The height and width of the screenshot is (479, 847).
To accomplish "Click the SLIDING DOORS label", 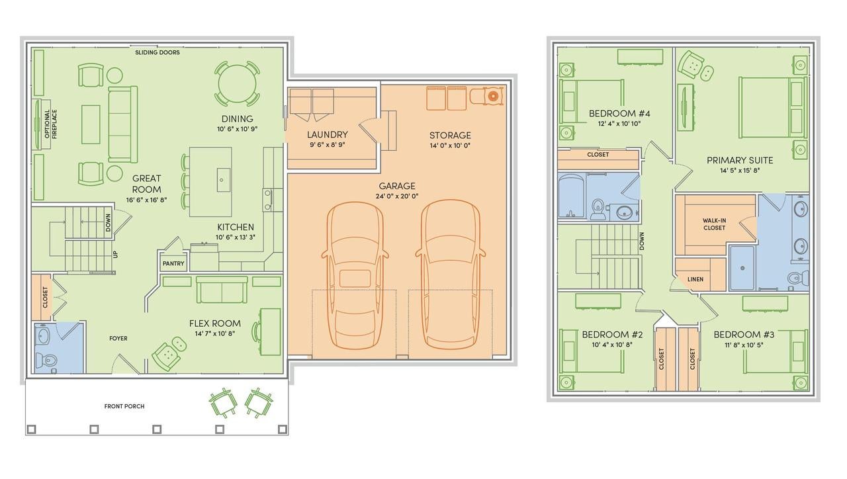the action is click(157, 52).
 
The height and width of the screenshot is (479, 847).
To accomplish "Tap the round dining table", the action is click(237, 84).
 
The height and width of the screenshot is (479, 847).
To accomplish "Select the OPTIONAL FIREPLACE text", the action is click(51, 124).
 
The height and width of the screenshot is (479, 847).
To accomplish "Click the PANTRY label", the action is click(173, 263).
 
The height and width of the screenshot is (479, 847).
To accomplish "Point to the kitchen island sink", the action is click(223, 181).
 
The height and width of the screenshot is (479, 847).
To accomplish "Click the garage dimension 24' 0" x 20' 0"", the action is click(397, 196).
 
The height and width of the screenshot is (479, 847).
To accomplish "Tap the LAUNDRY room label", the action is click(327, 134).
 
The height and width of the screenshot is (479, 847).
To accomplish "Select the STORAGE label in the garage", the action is click(450, 136).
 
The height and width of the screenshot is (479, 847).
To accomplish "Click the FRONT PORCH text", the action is click(124, 406).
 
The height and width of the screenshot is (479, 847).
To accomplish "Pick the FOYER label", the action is click(118, 338).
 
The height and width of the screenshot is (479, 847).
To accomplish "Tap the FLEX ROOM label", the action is click(215, 324).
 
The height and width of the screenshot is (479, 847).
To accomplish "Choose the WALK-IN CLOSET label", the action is click(714, 224).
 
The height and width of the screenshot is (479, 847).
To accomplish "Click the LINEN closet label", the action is click(695, 279).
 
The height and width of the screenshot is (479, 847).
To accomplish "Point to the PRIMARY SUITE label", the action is click(740, 160).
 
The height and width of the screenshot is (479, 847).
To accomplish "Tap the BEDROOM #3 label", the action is click(744, 335).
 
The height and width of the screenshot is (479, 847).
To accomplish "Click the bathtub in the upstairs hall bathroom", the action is click(572, 196).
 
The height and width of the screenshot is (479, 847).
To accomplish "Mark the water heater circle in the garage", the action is click(492, 97).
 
